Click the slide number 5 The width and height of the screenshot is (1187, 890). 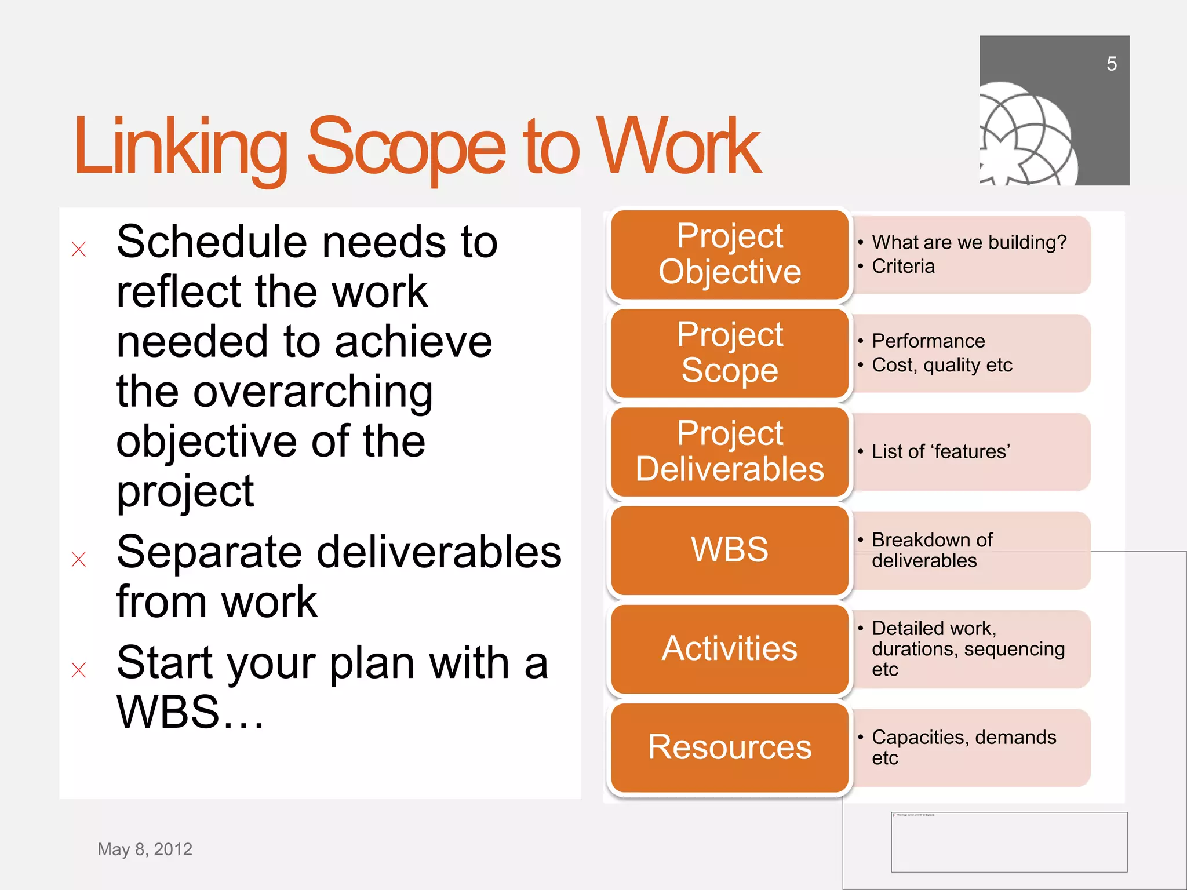1111,64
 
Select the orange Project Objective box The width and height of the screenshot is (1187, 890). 729,254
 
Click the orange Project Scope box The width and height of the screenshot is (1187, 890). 729,353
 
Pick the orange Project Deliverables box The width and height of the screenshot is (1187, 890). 729,451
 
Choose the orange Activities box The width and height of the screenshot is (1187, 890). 729,648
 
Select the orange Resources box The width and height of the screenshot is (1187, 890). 729,747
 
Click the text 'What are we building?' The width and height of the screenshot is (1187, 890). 968,242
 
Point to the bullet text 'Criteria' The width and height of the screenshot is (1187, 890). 903,267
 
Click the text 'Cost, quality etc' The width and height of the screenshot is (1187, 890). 942,365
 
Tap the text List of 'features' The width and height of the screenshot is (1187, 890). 941,451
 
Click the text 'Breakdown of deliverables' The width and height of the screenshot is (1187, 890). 931,550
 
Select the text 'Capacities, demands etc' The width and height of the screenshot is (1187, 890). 963,747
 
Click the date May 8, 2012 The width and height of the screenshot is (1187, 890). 145,849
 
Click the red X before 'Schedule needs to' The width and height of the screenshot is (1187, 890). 79,249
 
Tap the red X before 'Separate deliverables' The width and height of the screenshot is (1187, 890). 79,559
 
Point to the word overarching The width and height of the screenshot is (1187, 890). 313,392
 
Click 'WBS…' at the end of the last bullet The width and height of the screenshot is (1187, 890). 190,712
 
